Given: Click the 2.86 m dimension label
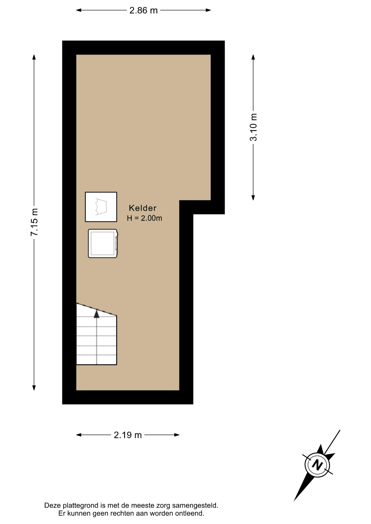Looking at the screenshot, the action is (143, 10).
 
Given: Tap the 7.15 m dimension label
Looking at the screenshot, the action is (34, 222).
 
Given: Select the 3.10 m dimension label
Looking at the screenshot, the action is (254, 127).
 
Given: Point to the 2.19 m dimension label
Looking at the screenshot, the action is (128, 435).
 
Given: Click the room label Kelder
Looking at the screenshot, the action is (143, 208).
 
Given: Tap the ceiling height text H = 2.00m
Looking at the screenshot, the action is (145, 218).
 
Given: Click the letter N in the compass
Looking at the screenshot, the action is (317, 465).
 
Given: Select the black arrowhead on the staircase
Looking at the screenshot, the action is (96, 314).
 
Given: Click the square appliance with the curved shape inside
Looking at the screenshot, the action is (101, 207).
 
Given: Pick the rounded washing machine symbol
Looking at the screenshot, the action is (103, 243).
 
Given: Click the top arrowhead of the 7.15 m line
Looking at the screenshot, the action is (34, 57).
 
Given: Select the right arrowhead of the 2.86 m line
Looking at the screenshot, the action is (208, 10).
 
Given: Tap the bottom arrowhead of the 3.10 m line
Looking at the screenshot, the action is (253, 198).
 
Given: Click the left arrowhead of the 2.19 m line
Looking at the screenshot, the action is (79, 435).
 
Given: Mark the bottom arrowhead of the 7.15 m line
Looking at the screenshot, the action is (34, 388).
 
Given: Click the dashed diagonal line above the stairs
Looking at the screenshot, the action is (96, 309).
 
